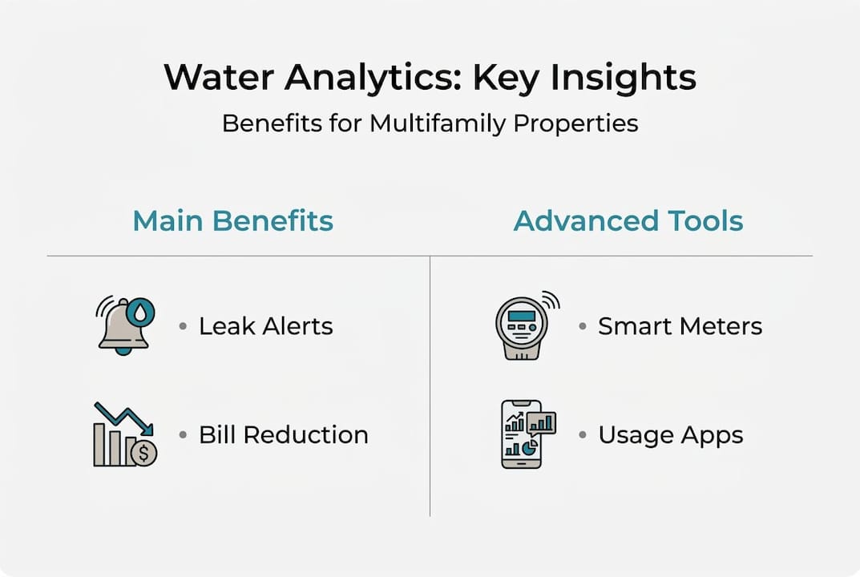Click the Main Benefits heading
[x=232, y=220]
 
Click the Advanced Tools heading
[x=628, y=220]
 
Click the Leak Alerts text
[x=265, y=326]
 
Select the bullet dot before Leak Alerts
[x=183, y=326]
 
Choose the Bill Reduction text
[x=284, y=435]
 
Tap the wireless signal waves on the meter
[x=551, y=301]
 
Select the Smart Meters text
[x=680, y=326]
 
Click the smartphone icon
[x=522, y=434]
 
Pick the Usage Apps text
[x=670, y=435]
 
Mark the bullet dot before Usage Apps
[x=583, y=435]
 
